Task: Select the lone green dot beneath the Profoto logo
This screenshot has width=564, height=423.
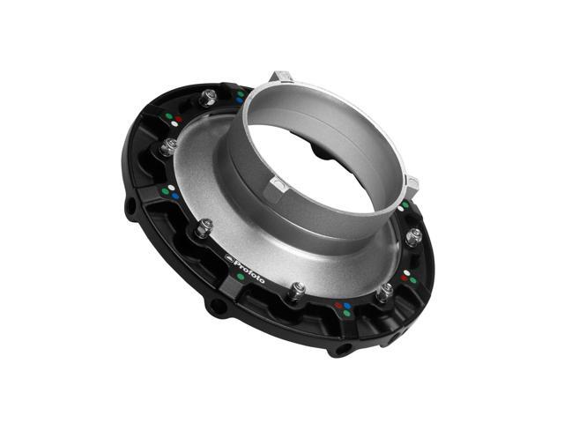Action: click(241, 276)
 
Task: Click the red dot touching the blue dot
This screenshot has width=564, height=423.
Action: click(339, 306)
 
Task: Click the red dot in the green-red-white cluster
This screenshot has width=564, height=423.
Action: click(179, 117)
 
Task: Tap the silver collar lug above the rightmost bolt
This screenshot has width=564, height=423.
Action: click(411, 184)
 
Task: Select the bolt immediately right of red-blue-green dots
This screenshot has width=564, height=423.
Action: click(385, 291)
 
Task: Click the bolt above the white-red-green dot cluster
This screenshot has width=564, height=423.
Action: click(413, 236)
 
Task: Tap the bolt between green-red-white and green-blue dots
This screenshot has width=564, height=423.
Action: click(167, 146)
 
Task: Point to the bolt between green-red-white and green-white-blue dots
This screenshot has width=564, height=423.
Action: click(207, 97)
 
